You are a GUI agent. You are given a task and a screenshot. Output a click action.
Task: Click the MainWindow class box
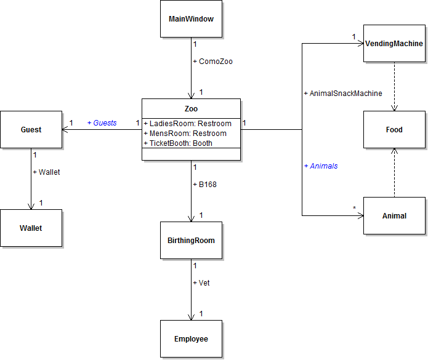coord(191,19)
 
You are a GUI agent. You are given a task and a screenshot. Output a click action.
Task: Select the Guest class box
coord(31,130)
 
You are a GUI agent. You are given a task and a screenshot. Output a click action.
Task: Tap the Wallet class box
coord(31,228)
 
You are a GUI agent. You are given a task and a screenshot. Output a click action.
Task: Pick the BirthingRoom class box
coord(191,241)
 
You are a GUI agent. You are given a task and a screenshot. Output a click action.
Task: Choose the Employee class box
coord(191,339)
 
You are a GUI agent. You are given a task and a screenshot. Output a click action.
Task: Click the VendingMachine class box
coord(394,44)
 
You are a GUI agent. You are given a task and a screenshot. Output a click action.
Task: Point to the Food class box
coord(394,130)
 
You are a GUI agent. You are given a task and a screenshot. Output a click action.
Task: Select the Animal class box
coord(394,216)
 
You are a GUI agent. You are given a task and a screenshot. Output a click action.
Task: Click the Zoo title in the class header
coord(191,109)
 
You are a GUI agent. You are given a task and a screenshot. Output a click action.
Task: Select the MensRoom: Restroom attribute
coord(185,134)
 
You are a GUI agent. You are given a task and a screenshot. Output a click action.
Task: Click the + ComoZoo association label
coord(212,62)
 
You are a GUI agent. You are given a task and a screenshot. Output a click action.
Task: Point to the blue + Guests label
coord(102,123)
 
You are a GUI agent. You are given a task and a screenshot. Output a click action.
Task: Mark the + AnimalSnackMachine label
coord(343,94)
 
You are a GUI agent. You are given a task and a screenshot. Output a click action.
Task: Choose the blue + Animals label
coord(320,166)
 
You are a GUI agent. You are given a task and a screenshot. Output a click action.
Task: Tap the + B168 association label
coord(204,184)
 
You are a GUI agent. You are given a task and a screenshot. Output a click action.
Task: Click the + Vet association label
coord(201,283)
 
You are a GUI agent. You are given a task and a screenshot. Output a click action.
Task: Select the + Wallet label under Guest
coord(46,172)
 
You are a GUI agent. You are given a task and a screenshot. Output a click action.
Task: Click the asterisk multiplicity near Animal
coord(354,209)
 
